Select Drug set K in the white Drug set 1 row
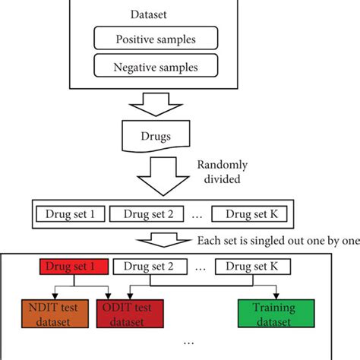point(245,215)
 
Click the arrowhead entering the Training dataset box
point(275,297)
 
